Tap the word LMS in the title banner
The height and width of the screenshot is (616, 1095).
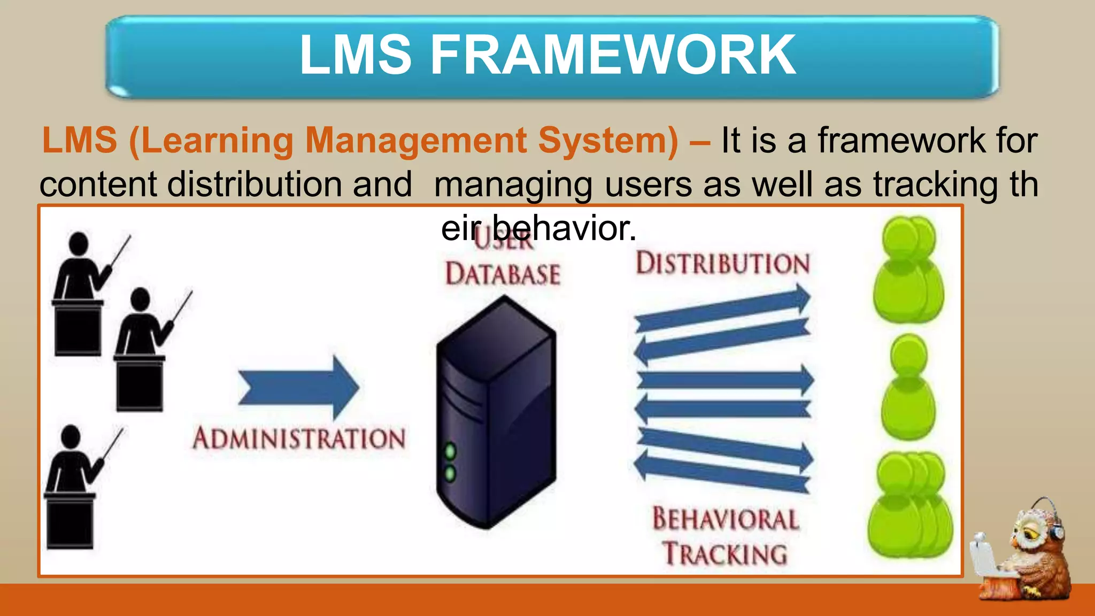pyautogui.click(x=356, y=55)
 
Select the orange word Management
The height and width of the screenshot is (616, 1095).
pyautogui.click(x=415, y=141)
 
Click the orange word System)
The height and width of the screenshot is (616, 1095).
pyautogui.click(x=608, y=141)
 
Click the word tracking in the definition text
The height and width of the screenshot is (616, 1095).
pyautogui.click(x=936, y=184)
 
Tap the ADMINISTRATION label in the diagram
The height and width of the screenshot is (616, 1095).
pyautogui.click(x=299, y=438)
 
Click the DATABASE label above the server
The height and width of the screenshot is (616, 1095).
pyautogui.click(x=503, y=274)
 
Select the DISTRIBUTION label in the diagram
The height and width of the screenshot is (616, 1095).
pyautogui.click(x=722, y=264)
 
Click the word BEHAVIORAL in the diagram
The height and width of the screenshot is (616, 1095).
pyautogui.click(x=726, y=519)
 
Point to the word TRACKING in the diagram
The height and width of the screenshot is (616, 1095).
pyautogui.click(x=726, y=553)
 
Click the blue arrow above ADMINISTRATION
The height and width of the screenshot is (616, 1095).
pyautogui.click(x=298, y=387)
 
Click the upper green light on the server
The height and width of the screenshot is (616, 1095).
pyautogui.click(x=451, y=451)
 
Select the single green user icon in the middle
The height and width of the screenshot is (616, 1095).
pyautogui.click(x=908, y=387)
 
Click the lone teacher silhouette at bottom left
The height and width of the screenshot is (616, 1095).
pyautogui.click(x=75, y=487)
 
